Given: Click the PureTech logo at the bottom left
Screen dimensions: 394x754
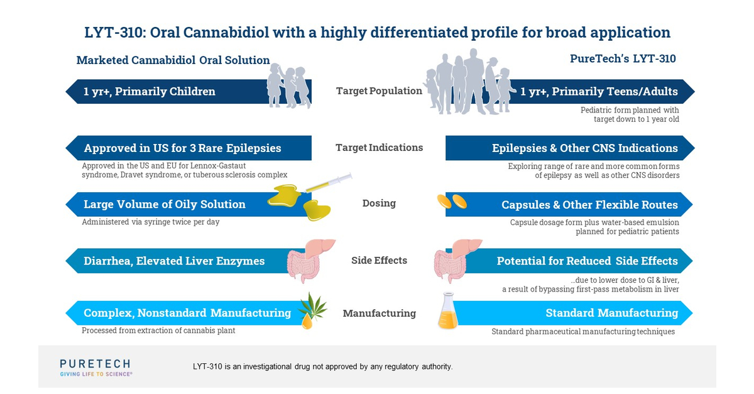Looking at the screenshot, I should click(96, 368).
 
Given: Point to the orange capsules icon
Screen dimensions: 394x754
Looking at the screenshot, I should click(452, 202).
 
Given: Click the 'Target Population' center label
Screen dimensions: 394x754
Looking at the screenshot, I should click(379, 91).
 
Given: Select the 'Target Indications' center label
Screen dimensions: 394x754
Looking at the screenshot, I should click(379, 148).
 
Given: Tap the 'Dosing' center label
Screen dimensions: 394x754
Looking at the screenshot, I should click(379, 203).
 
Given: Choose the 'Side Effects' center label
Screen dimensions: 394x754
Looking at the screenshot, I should click(379, 260).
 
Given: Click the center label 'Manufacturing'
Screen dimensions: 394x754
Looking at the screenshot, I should click(379, 313).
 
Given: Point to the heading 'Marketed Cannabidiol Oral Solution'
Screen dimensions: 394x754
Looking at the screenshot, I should click(173, 60).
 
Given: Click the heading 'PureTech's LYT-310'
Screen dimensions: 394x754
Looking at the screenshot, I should click(623, 59).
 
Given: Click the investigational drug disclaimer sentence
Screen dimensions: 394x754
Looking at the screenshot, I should click(322, 366).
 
